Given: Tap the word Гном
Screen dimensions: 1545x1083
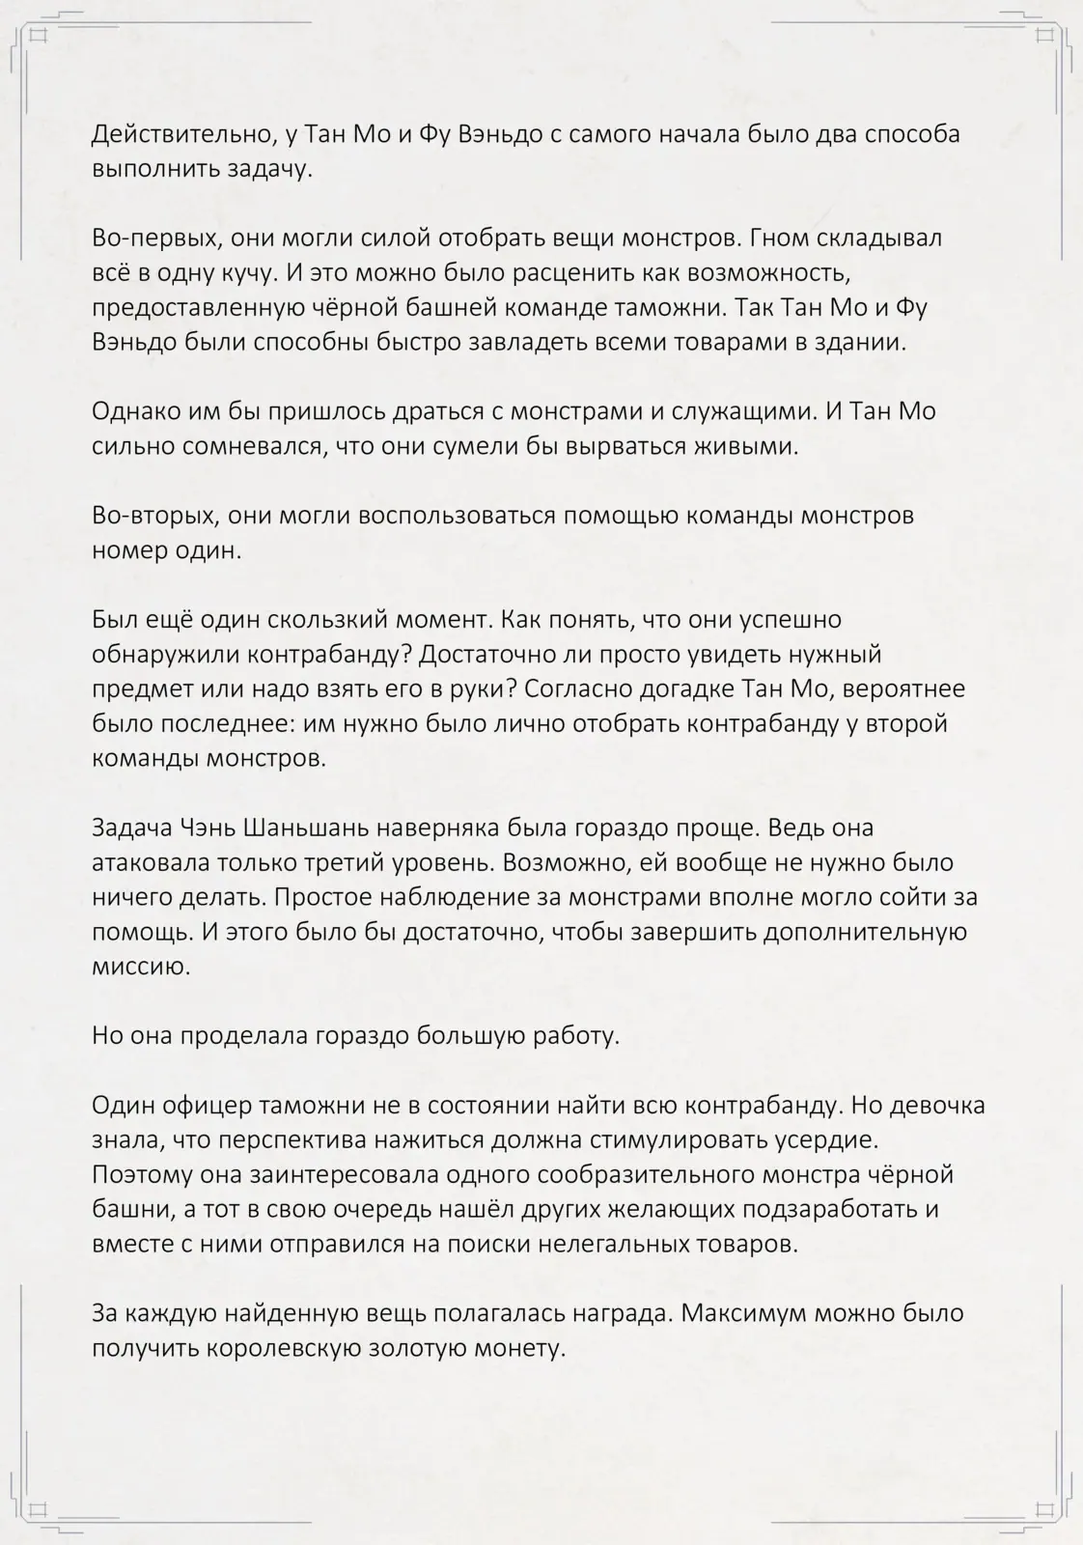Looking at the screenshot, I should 768,238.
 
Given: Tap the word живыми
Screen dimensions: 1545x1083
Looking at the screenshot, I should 749,446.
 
